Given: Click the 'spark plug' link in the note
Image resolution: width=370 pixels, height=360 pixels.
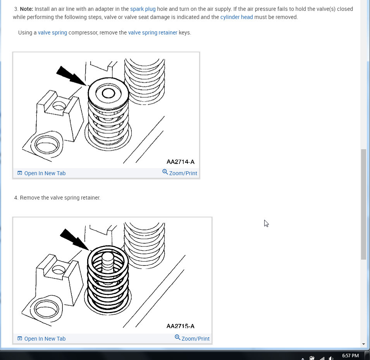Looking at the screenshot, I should click(143, 9).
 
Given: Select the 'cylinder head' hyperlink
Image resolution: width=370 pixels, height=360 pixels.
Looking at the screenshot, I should click(236, 17).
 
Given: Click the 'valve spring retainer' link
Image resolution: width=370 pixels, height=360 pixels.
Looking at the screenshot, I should click(153, 33).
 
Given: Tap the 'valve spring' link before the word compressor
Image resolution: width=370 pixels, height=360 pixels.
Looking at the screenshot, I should click(52, 33).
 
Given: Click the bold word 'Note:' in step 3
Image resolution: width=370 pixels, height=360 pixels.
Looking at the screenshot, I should click(26, 9).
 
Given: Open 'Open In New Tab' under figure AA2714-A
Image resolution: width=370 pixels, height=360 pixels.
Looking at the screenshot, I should click(41, 173).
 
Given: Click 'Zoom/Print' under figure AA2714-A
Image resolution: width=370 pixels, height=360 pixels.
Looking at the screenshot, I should click(180, 173).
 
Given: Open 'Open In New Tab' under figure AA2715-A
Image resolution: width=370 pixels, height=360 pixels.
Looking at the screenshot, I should click(41, 339).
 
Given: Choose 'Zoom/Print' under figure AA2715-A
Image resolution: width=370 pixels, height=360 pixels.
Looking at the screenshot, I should click(192, 338).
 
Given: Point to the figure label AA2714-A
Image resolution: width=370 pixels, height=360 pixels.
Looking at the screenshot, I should click(181, 162).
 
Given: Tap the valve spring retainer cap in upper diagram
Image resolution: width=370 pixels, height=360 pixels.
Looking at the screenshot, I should click(108, 93).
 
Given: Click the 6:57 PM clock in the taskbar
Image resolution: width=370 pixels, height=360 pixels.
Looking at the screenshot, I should click(350, 355).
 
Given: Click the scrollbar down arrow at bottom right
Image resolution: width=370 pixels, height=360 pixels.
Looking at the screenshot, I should click(363, 344).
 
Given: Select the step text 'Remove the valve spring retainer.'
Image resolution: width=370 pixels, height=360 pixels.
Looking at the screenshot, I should click(60, 198).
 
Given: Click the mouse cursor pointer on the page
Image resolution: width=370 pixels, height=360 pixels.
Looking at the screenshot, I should click(266, 223).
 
